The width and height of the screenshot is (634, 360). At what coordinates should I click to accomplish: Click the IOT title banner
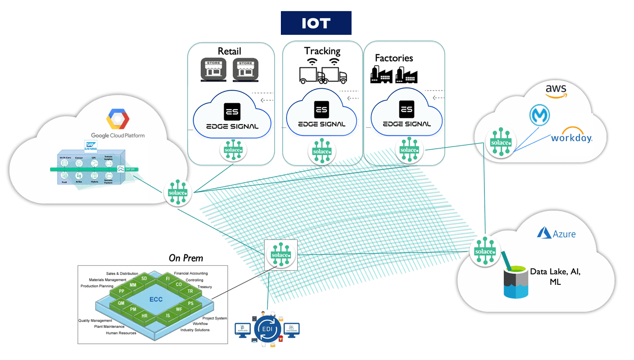click(316, 23)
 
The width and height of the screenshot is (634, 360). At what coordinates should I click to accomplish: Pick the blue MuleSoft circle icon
click(539, 116)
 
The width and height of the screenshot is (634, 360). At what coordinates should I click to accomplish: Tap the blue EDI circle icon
click(267, 329)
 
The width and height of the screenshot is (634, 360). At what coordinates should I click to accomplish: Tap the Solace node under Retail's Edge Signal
click(233, 150)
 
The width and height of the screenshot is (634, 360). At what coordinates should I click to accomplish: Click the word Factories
click(394, 58)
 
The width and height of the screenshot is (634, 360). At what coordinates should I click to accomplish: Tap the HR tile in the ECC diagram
click(144, 316)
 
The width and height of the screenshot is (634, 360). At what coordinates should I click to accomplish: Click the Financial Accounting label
click(190, 273)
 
